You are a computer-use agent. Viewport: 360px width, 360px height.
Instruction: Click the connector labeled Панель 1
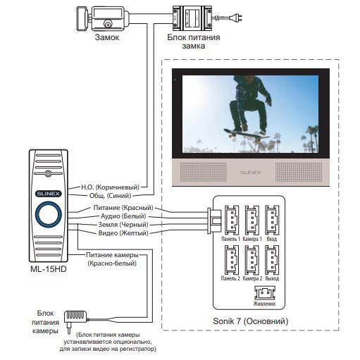(x=232, y=220)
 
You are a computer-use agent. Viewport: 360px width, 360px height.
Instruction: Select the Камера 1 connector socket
(x=252, y=220)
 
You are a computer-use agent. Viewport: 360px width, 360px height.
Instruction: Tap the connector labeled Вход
(x=272, y=220)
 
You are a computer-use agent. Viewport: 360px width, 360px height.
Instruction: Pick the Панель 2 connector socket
(x=232, y=260)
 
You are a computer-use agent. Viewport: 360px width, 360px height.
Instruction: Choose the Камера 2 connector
(x=252, y=260)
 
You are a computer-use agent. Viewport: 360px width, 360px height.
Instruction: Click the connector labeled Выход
(x=272, y=260)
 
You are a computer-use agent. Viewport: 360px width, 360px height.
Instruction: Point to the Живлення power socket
(x=265, y=292)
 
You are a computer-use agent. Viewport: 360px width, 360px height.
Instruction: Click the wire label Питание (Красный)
(x=123, y=208)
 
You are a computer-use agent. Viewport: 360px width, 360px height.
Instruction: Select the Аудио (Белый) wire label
(x=123, y=216)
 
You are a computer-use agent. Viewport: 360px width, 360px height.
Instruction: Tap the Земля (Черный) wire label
(x=123, y=225)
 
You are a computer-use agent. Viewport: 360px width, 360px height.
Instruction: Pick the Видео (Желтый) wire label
(x=123, y=233)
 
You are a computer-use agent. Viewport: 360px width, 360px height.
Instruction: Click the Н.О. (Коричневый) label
(x=110, y=187)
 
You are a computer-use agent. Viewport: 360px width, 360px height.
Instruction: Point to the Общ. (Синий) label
(x=110, y=196)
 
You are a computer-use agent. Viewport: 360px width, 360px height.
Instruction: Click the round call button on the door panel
(x=49, y=214)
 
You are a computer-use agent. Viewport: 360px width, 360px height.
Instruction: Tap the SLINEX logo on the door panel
(x=49, y=194)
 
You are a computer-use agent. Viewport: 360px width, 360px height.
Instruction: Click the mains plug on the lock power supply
(x=236, y=18)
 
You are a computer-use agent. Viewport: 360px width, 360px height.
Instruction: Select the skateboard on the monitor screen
(x=246, y=135)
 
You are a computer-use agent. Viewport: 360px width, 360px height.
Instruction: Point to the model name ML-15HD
(x=49, y=269)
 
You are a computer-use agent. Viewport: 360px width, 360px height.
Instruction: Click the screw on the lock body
(x=108, y=24)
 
